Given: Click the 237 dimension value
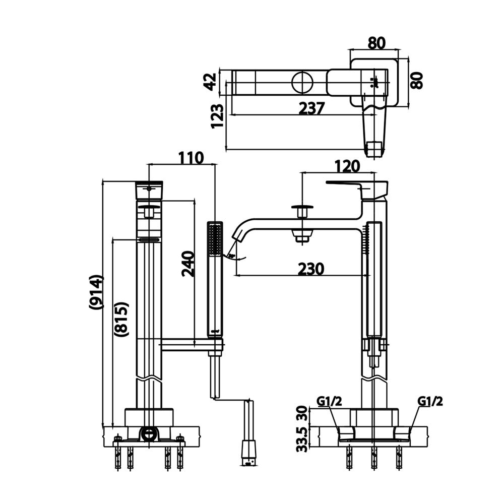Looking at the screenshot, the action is click(311, 108).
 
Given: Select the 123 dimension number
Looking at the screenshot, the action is click(217, 116).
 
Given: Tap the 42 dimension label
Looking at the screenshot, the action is click(211, 82).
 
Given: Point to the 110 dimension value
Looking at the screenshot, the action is click(191, 158).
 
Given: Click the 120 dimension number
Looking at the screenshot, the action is click(347, 166).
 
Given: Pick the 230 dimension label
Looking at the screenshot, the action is click(311, 269).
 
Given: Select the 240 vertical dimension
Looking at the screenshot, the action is click(188, 264).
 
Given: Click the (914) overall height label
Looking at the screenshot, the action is click(96, 292).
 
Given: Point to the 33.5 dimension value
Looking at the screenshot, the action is click(302, 439).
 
